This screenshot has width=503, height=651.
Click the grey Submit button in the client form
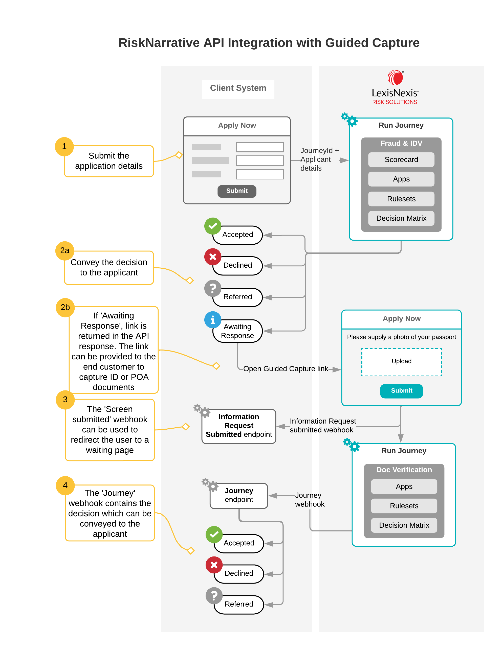point(237,191)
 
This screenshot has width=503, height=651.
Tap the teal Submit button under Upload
point(401,391)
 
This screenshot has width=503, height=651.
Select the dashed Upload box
point(401,362)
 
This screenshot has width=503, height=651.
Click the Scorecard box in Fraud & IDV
point(401,160)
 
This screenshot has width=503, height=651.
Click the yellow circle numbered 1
point(64,147)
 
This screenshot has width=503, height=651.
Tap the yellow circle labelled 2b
point(65,307)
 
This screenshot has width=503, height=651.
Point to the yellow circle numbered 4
point(65,485)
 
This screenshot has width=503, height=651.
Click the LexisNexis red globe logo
point(395,78)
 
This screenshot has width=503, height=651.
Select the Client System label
point(238,88)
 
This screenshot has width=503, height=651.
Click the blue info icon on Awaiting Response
point(213,320)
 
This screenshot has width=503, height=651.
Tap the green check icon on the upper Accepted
point(213,226)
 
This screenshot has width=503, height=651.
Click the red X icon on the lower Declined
point(214,565)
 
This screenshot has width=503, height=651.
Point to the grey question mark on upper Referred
point(213,288)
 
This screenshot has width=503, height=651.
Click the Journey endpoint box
point(239,495)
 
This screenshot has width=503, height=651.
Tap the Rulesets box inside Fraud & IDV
point(401,199)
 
